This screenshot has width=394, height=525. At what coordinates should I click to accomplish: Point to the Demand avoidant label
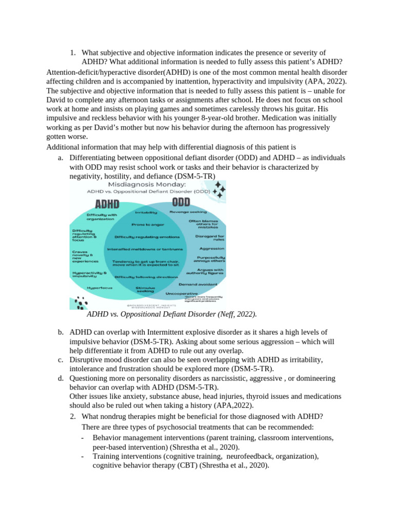[x=198, y=284]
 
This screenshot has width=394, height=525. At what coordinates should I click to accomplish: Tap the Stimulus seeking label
[x=145, y=290]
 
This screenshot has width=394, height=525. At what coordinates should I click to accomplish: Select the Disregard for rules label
[x=209, y=238]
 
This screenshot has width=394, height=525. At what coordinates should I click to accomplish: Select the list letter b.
[x=61, y=332]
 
